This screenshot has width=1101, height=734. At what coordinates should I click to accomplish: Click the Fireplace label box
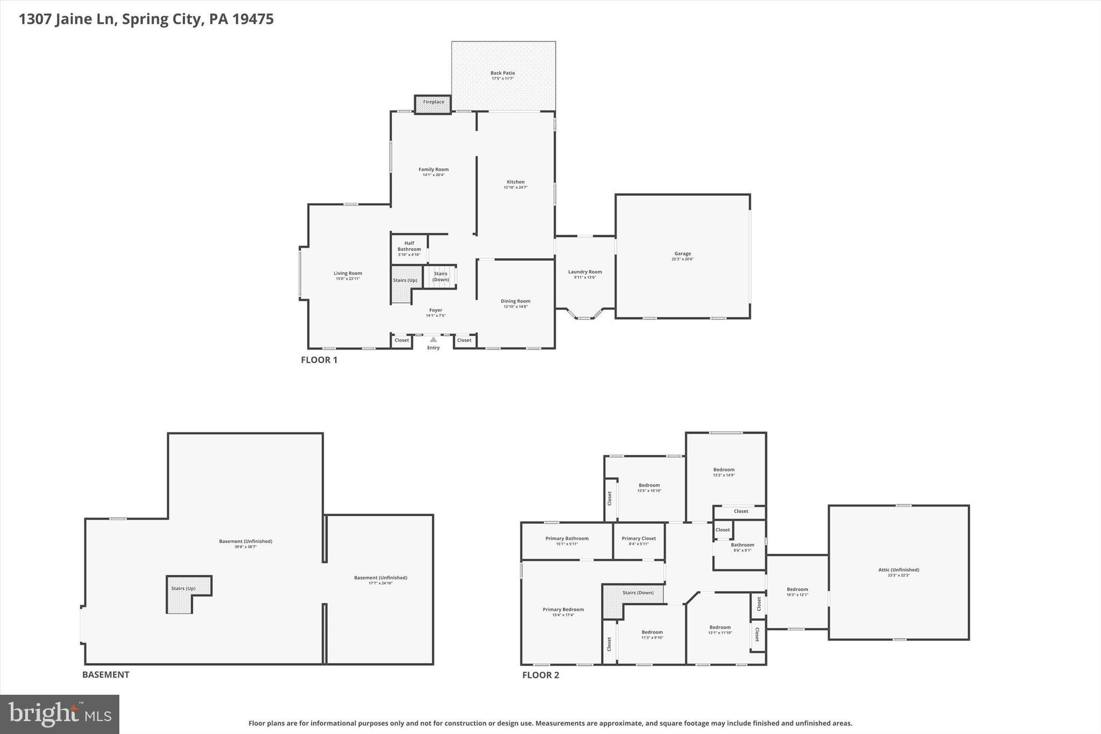433,103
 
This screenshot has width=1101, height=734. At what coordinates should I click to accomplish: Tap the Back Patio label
503,73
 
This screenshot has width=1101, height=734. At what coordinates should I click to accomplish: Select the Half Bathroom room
409,248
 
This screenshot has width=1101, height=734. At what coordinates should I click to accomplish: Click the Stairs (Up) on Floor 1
404,281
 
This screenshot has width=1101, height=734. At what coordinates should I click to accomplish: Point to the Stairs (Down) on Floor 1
440,276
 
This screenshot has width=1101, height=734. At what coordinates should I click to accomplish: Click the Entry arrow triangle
433,339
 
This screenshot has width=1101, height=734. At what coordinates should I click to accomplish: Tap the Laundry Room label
585,272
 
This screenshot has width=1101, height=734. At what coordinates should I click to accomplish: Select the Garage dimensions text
683,259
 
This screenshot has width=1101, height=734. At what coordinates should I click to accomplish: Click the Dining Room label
516,301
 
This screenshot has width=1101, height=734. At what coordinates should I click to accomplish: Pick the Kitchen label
516,182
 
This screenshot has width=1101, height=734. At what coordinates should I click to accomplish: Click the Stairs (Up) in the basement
183,589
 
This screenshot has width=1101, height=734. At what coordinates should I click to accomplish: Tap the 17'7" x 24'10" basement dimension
381,583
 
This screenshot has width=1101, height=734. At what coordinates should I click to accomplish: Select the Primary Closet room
639,540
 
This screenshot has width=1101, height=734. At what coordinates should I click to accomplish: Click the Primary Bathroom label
567,538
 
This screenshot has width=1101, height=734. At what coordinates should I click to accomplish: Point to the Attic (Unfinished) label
898,570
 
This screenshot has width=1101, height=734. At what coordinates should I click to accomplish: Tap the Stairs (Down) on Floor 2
638,593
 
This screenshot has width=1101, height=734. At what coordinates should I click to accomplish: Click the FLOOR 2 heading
540,675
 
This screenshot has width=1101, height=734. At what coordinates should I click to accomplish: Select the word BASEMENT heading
106,675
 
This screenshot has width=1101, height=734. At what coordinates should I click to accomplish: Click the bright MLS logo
60,714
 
